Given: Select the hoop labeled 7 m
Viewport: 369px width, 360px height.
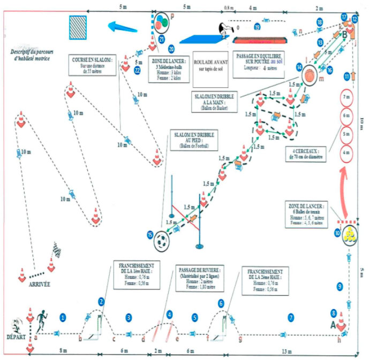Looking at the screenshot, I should click(346, 98).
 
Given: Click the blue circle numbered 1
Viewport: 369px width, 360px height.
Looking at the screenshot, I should click(63, 318).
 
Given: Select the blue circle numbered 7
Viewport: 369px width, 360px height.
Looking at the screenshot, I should click(291, 318).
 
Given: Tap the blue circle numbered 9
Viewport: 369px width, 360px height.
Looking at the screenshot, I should click(340, 287).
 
